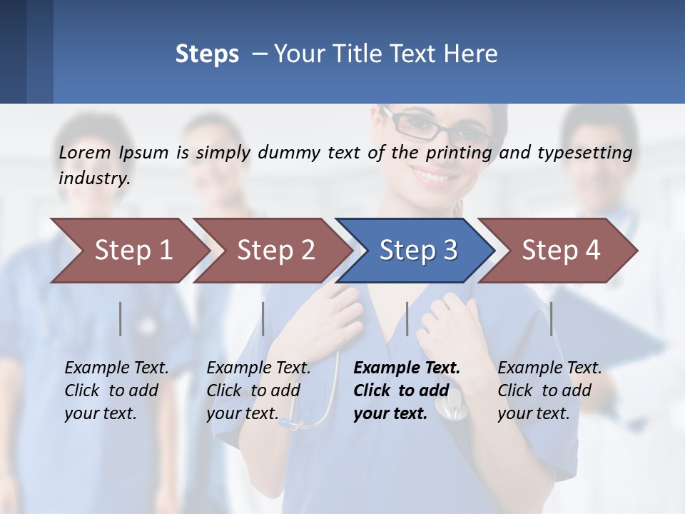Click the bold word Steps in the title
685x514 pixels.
coord(207,54)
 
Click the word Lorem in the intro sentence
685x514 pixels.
coord(85,152)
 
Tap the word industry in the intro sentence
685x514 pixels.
coord(94,178)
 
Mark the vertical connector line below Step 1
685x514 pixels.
coord(121,318)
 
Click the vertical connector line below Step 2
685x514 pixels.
coord(263,318)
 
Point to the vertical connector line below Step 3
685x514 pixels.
coord(407,318)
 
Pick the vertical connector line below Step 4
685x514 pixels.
coord(551,318)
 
